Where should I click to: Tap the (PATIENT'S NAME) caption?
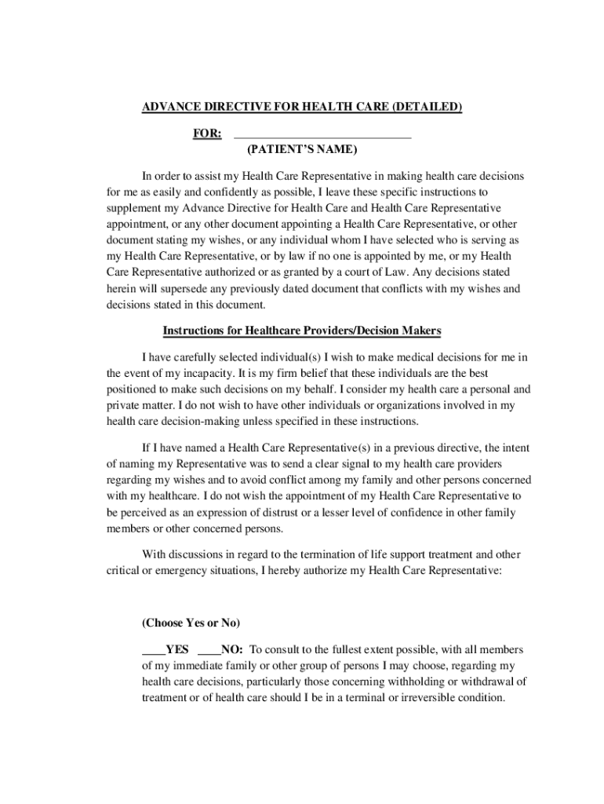pyautogui.click(x=301, y=149)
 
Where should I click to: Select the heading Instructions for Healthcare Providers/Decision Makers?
pyautogui.click(x=302, y=331)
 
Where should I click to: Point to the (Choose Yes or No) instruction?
pyautogui.click(x=191, y=623)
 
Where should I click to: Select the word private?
pyautogui.click(x=123, y=405)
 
